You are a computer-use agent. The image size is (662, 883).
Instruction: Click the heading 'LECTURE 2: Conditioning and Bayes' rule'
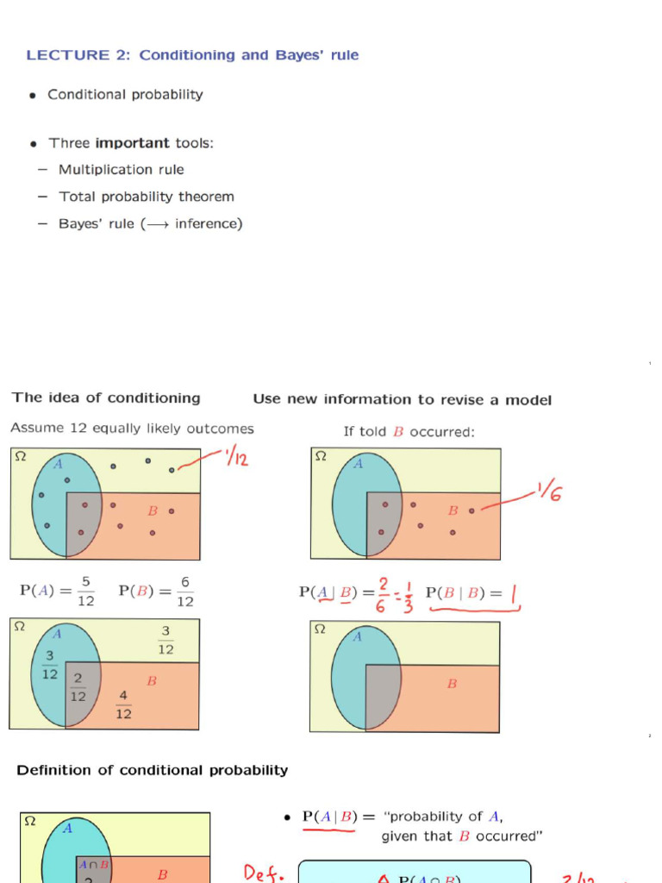(x=192, y=55)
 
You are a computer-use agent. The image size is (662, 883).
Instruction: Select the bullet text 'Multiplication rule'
(x=121, y=170)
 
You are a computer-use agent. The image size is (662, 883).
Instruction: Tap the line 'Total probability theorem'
(x=146, y=197)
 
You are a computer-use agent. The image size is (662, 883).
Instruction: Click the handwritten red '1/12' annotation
(x=235, y=458)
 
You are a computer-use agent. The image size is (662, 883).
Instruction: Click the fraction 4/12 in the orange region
(x=123, y=705)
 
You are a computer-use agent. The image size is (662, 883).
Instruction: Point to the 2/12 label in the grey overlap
(x=78, y=687)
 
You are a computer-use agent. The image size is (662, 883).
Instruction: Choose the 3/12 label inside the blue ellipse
(x=50, y=665)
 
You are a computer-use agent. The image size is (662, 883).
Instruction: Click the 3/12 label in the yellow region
(x=165, y=641)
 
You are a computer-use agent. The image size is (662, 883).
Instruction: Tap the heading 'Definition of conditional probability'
(x=153, y=770)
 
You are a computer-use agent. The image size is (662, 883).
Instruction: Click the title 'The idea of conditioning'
(x=105, y=398)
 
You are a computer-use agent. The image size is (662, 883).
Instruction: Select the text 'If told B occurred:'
(x=409, y=431)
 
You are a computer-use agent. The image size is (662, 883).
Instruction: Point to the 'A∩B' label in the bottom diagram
(x=93, y=864)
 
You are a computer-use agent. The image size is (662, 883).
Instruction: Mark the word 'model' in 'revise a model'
(x=530, y=399)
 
